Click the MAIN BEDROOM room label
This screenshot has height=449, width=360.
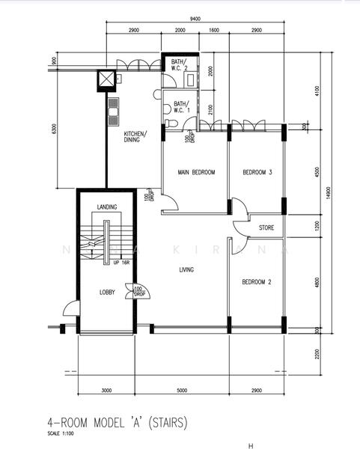click(x=196, y=173)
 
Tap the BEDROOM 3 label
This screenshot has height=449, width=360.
click(x=257, y=173)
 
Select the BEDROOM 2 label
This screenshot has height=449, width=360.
click(x=256, y=282)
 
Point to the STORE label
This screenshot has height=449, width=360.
click(x=266, y=227)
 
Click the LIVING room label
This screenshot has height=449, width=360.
click(x=187, y=271)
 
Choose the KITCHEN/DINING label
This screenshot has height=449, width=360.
click(x=135, y=136)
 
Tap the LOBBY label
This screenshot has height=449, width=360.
click(x=107, y=292)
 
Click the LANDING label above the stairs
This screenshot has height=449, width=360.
click(x=109, y=207)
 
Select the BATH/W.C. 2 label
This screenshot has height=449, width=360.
click(x=178, y=65)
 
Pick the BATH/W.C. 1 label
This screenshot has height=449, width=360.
click(x=181, y=107)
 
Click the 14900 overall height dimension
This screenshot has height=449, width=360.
click(x=327, y=193)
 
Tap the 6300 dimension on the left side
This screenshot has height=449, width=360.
click(x=54, y=129)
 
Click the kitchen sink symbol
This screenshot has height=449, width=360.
click(x=113, y=112)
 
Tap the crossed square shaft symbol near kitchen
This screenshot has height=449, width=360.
click(x=105, y=80)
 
